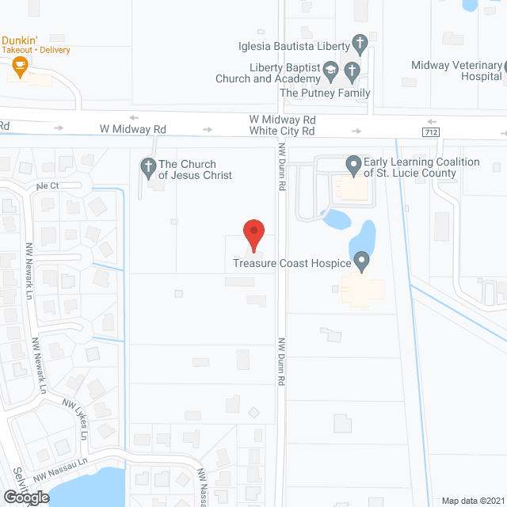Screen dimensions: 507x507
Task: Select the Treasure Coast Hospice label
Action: tap(292, 263)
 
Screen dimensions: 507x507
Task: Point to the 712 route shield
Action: tap(430, 132)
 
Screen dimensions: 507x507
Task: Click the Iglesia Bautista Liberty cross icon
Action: tap(360, 44)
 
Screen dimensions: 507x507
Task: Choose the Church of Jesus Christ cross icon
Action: tap(147, 166)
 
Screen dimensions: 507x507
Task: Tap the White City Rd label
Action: tap(282, 131)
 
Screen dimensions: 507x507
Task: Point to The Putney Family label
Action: tap(325, 93)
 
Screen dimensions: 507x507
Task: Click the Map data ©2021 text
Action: tap(472, 500)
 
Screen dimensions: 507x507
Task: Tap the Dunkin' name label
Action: tap(21, 40)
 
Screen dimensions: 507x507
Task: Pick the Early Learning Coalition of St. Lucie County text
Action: tap(421, 167)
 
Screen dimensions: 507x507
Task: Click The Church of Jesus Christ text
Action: tap(196, 170)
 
